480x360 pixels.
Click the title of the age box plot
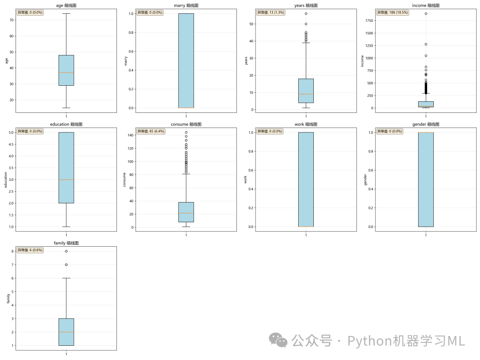point(66,5)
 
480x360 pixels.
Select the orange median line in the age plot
point(66,72)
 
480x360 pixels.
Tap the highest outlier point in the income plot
point(426,13)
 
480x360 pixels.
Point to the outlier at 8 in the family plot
point(66,251)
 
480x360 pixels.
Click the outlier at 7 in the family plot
point(66,265)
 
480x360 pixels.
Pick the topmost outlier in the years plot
point(306,13)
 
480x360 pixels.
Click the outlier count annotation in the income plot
point(392,12)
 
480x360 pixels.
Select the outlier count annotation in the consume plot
point(151,131)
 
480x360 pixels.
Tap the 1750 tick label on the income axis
point(369,20)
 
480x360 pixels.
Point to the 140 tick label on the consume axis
point(131,135)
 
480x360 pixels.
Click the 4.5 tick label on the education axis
point(11,144)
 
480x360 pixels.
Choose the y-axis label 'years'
point(246,60)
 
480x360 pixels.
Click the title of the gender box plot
point(426,124)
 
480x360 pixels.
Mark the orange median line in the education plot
point(66,180)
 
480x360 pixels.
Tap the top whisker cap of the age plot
point(66,13)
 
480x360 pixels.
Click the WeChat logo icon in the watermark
point(278,340)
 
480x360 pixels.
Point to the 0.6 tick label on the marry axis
point(131,52)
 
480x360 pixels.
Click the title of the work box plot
point(306,124)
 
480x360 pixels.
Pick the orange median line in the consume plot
point(186,213)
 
